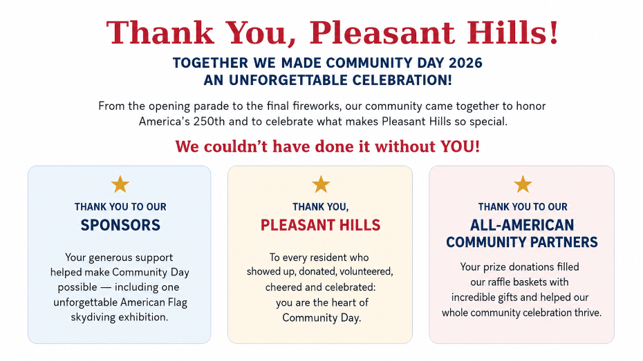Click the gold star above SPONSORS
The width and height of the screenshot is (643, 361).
(120, 184)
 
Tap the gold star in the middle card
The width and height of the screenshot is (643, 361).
(321, 184)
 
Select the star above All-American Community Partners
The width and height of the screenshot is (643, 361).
(523, 184)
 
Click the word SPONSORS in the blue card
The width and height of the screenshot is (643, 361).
(120, 225)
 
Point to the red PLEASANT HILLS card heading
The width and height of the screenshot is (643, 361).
(321, 225)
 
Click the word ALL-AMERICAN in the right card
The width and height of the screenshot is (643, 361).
(522, 225)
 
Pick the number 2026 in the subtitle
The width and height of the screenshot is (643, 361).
(465, 63)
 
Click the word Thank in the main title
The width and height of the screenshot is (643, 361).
(160, 32)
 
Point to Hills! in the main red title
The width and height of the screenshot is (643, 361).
(512, 32)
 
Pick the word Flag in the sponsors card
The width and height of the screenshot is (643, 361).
(177, 302)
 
